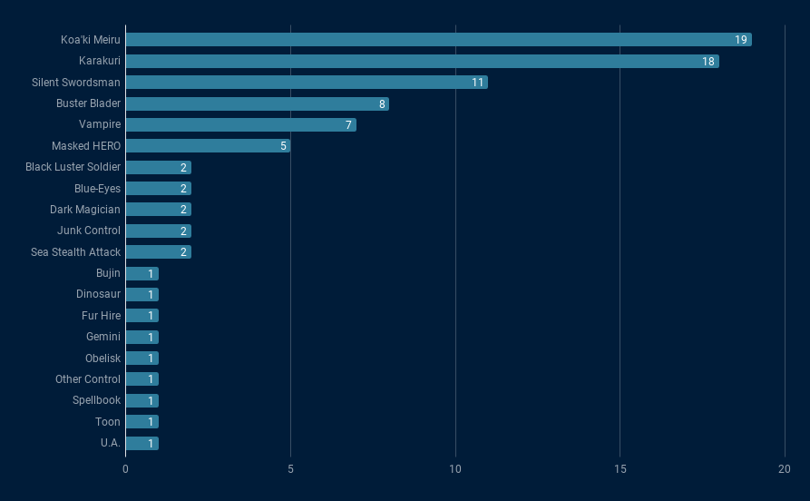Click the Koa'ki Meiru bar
tap(438, 40)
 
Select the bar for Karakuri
tap(422, 61)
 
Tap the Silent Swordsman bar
tap(307, 83)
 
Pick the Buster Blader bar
tap(257, 103)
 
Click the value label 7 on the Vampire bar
tap(348, 125)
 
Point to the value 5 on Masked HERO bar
tap(283, 146)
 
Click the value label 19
tap(741, 40)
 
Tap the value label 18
tap(708, 61)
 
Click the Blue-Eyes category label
tap(97, 189)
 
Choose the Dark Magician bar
tap(158, 210)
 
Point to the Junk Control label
tap(89, 231)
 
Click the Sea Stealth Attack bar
tap(158, 252)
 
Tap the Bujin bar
tap(142, 273)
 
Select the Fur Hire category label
tap(101, 316)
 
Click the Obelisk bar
tap(142, 359)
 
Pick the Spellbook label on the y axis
tap(96, 400)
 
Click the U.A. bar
tap(142, 443)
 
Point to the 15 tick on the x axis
tap(620, 469)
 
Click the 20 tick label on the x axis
tap(785, 469)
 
